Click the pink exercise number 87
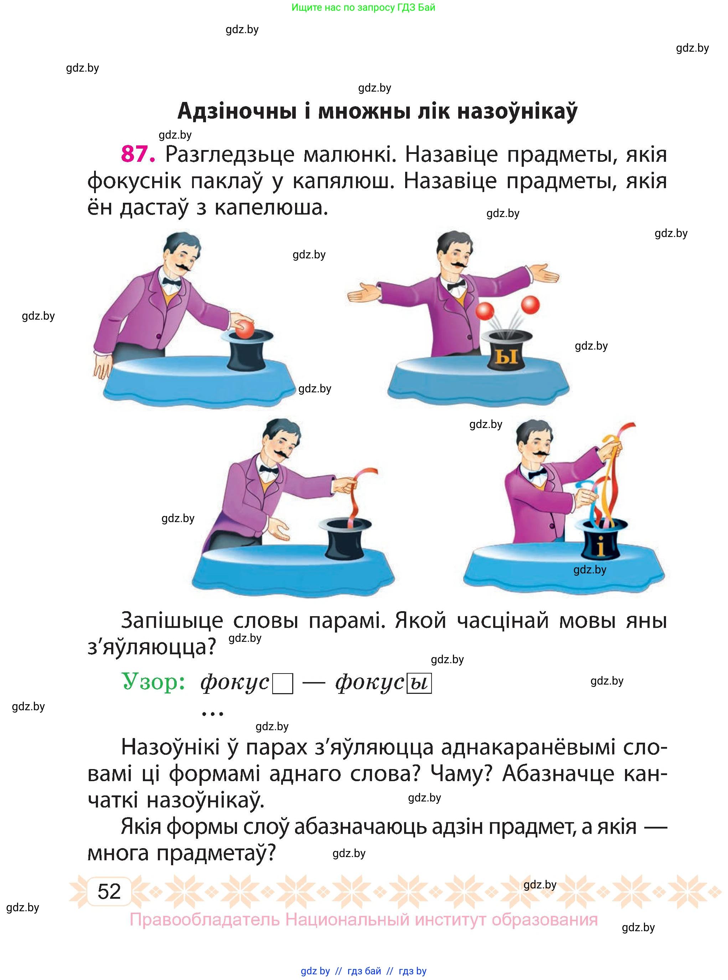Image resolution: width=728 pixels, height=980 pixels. [x=138, y=154]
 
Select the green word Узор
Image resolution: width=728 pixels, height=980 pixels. [x=153, y=681]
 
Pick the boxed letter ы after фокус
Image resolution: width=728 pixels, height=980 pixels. [x=419, y=684]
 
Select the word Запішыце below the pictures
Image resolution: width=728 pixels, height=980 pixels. [x=172, y=620]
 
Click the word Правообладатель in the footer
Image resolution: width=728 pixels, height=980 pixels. [x=205, y=920]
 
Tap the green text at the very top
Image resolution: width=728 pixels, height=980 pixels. [x=363, y=7]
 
